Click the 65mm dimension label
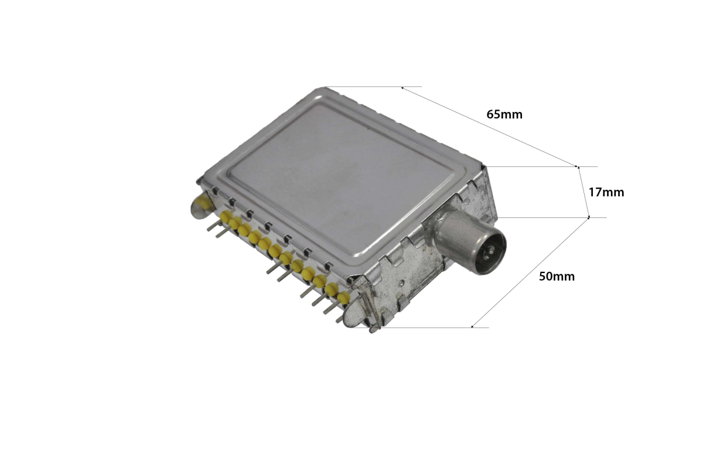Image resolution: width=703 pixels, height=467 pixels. coord(504,114)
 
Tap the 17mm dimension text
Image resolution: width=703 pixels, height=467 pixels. coord(606,192)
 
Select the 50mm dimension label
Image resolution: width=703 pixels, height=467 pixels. coord(557,277)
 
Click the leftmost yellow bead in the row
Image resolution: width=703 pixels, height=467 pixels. coord(226,216)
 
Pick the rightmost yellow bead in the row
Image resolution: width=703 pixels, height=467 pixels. coord(344,297)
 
